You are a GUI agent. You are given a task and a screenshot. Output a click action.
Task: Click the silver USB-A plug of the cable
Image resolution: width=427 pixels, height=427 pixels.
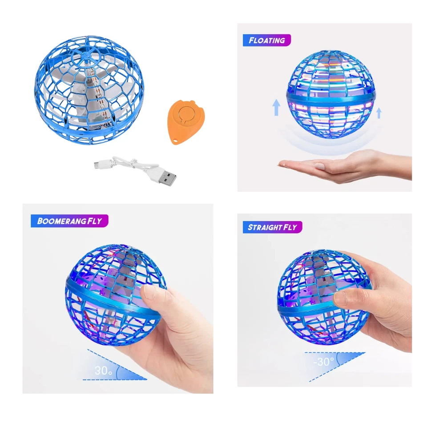[x=167, y=179]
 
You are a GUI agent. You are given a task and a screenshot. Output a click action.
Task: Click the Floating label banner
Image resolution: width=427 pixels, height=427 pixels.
[x=267, y=40]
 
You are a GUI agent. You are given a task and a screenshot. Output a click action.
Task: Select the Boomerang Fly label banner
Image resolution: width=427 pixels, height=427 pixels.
[x=69, y=221]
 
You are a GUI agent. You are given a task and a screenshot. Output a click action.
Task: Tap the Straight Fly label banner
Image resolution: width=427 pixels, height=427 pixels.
[x=273, y=227]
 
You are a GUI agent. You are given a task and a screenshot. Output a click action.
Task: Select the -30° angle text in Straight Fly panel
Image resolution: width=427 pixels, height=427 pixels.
[x=324, y=361]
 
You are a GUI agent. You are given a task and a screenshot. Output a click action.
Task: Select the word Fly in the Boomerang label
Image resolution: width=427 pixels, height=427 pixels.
[x=93, y=221]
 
